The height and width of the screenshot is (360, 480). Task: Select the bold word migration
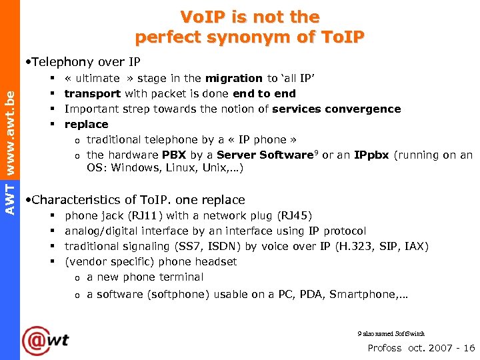click(x=234, y=78)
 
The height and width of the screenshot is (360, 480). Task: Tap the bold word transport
click(x=92, y=93)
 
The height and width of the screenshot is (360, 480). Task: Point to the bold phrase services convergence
click(x=337, y=109)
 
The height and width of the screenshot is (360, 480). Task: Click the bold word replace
click(x=86, y=124)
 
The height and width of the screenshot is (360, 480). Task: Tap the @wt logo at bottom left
click(x=45, y=341)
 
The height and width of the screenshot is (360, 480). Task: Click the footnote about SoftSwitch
click(x=391, y=333)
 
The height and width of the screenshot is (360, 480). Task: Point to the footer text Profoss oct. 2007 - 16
click(x=421, y=347)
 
